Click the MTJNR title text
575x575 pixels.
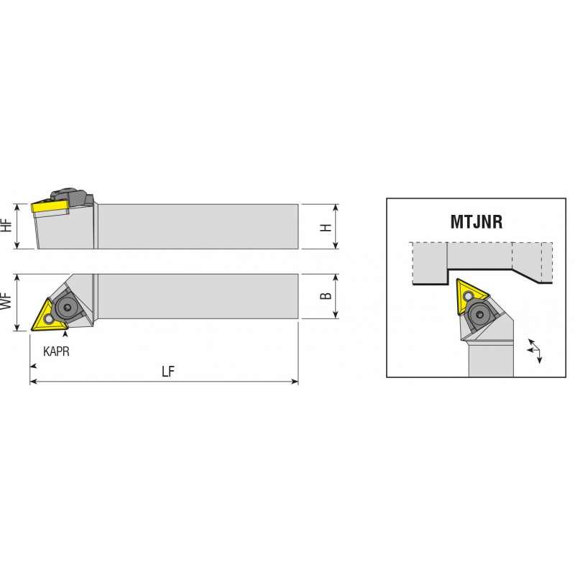point(476,222)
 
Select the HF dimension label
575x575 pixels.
point(6,225)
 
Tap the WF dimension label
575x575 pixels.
point(6,301)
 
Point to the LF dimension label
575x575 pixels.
point(168,372)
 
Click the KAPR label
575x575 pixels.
point(56,351)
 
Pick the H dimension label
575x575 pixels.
point(326,227)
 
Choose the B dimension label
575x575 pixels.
point(326,295)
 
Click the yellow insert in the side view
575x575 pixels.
point(50,206)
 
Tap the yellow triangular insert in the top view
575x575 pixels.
point(47,316)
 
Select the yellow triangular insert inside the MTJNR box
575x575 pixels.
point(469,295)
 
